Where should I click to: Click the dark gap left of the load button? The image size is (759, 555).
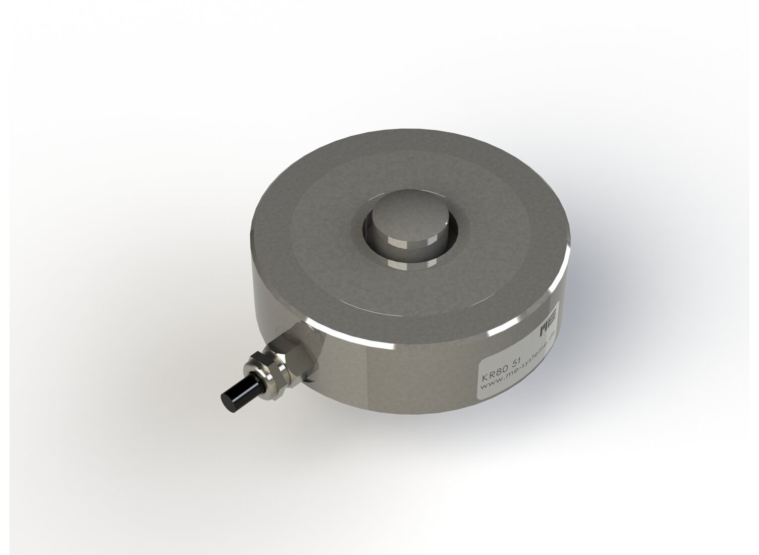(367, 230)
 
